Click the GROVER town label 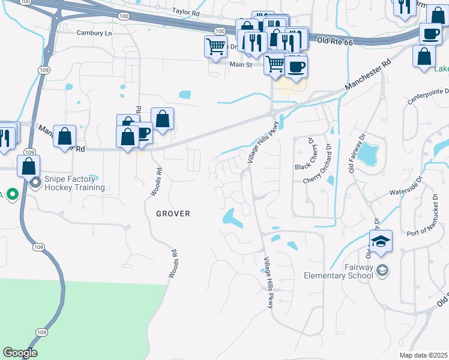pyautogui.click(x=173, y=214)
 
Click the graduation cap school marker pyautogui.click(x=381, y=242)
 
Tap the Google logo pyautogui.click(x=20, y=352)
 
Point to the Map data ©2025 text pyautogui.click(x=424, y=355)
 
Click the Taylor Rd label pyautogui.click(x=185, y=11)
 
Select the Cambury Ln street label pyautogui.click(x=94, y=34)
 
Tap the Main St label pyautogui.click(x=239, y=64)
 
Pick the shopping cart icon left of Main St pyautogui.click(x=215, y=46)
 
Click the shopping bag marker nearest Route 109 pyautogui.click(x=29, y=166)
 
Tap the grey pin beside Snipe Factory pyautogui.click(x=35, y=182)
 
